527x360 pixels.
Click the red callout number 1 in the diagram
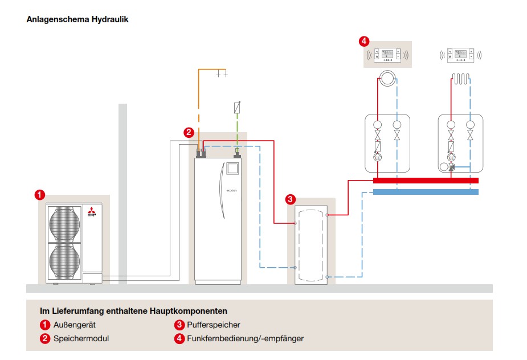coord(39,195)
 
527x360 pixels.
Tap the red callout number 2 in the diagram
coord(189,132)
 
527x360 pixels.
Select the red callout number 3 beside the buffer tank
coord(291,199)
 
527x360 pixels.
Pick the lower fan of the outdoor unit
coord(64,257)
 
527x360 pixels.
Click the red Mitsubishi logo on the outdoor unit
coord(92,214)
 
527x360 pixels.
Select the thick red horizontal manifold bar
coord(425,180)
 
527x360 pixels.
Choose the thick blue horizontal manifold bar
coord(425,192)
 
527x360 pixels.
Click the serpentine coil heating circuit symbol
coord(460,78)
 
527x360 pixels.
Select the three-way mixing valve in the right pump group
coord(452,168)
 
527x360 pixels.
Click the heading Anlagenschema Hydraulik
coord(77,19)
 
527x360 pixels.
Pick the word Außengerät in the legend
coord(75,325)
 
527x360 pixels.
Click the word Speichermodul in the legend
coord(81,338)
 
